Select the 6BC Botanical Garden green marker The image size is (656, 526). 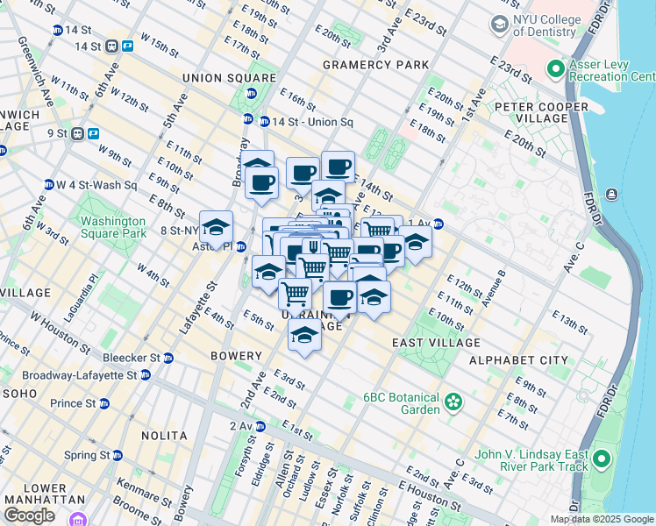(x=453, y=402)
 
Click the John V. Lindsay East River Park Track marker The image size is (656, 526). (x=601, y=459)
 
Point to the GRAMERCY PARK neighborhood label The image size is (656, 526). (x=375, y=65)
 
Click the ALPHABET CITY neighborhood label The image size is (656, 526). (x=518, y=360)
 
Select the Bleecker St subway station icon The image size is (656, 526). (x=168, y=358)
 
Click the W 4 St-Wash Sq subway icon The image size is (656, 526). (x=48, y=185)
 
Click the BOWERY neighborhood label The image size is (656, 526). (x=236, y=356)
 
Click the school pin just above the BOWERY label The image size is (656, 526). (x=304, y=336)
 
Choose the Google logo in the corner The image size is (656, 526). (x=29, y=515)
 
